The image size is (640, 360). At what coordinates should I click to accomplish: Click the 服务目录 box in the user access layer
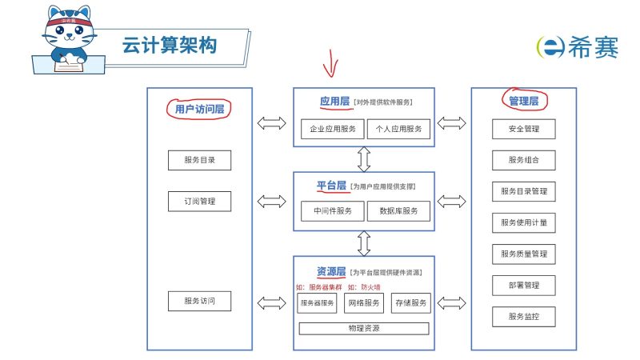(199, 160)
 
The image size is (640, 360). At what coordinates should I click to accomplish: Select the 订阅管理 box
(199, 201)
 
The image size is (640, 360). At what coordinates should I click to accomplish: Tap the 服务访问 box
(199, 302)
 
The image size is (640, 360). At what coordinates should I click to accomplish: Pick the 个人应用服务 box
(398, 129)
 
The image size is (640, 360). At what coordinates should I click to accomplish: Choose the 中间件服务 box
(332, 211)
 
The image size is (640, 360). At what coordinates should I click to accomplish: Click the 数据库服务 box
(398, 211)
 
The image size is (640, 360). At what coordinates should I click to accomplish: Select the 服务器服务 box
(318, 303)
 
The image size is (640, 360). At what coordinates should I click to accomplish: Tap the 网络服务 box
(364, 303)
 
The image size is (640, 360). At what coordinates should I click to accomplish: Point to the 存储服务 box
(410, 303)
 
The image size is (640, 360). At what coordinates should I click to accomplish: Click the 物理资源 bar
(364, 328)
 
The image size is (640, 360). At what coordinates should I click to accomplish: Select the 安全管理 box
(523, 129)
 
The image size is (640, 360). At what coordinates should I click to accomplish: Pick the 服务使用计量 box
(523, 222)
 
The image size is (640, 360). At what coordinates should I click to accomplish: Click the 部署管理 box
(523, 285)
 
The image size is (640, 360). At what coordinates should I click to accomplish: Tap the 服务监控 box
(523, 316)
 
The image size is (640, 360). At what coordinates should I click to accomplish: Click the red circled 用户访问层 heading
(198, 108)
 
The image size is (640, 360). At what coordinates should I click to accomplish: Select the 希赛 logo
(577, 47)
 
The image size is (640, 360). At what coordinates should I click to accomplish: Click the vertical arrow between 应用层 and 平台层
(365, 159)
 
